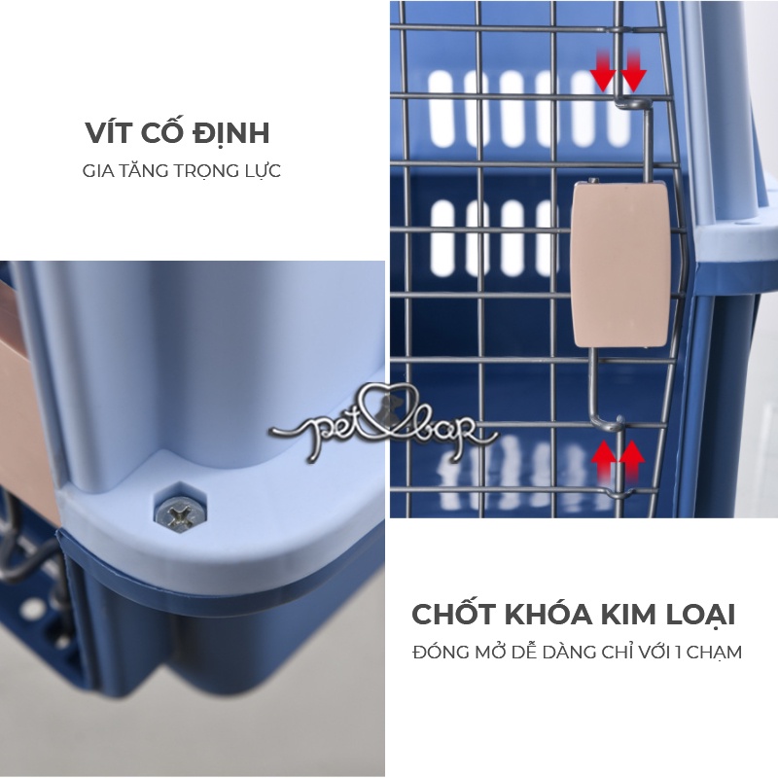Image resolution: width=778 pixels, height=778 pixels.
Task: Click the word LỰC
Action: pyautogui.click(x=262, y=171)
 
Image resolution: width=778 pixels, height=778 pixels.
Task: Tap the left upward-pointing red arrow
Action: pyautogui.click(x=605, y=457)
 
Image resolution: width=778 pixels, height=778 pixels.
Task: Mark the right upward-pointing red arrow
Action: pyautogui.click(x=634, y=457)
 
